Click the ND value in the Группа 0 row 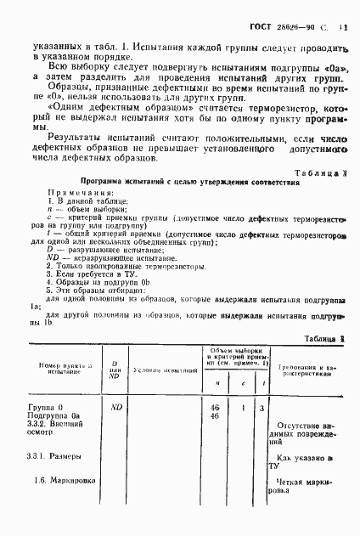pos(119,408)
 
